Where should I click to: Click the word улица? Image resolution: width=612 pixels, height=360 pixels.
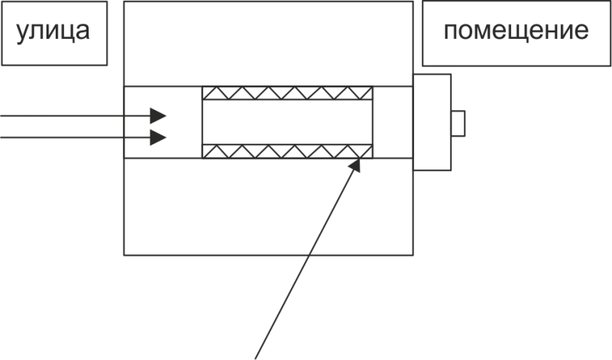[53, 32]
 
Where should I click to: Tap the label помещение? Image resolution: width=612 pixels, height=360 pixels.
[516, 31]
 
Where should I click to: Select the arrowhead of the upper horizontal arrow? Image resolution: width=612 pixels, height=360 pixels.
[158, 115]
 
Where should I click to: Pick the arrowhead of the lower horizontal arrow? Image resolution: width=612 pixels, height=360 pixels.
[158, 138]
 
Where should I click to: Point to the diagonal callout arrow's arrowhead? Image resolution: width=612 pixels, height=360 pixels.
[355, 165]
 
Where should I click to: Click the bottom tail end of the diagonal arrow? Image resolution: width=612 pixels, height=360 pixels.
[255, 358]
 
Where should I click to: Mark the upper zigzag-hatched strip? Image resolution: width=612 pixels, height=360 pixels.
[287, 93]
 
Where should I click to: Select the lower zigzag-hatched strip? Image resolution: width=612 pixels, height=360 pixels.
[287, 151]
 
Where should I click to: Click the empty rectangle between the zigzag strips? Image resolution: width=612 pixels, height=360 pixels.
[287, 122]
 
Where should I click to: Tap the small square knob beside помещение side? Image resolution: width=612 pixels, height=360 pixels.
[458, 123]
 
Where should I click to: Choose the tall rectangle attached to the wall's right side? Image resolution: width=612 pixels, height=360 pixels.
[432, 122]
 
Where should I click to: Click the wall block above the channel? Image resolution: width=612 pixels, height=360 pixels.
[268, 44]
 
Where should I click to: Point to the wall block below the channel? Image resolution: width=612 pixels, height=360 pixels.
[268, 206]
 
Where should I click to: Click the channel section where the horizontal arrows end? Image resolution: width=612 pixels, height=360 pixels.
[164, 122]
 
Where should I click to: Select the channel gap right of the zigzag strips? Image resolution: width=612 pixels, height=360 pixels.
[393, 122]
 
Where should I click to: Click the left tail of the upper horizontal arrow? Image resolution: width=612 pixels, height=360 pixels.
[1, 115]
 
